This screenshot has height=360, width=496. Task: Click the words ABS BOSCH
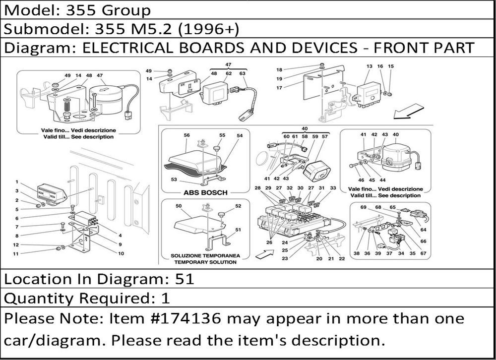pos(205,192)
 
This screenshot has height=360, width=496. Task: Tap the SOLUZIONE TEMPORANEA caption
pos(205,255)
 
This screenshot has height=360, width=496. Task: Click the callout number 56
pos(186,135)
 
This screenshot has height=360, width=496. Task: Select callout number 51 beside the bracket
pos(238,230)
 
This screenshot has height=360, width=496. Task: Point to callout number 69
pos(363,207)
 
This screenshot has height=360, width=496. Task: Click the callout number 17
pos(279,88)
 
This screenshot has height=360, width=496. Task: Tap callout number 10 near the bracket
pos(121,253)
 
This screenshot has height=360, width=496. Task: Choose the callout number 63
pos(243,73)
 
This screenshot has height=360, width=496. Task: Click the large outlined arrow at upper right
pos(408,112)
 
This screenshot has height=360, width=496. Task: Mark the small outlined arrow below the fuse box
pos(264,254)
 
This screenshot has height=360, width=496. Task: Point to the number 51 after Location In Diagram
pos(184,279)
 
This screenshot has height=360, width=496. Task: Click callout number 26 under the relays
pos(269,242)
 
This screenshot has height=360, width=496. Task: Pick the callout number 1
pos(17,182)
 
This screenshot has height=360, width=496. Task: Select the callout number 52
pos(238,206)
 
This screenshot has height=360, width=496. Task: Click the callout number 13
pos(370,66)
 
